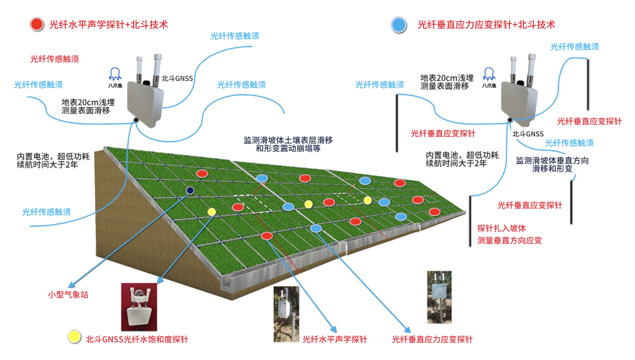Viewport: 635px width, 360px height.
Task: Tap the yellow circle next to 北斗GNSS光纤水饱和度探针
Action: tap(74, 336)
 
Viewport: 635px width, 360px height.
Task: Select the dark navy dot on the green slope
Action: tap(190, 190)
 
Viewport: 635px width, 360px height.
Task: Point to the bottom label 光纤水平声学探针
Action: tap(334, 340)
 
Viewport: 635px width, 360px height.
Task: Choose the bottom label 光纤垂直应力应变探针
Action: tap(432, 340)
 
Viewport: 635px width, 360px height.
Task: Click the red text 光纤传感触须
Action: tap(55, 59)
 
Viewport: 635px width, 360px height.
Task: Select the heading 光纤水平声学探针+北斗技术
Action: tap(109, 24)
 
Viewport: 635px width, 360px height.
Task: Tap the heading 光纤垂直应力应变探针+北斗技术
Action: tap(486, 24)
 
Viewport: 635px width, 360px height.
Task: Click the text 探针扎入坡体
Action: tap(501, 229)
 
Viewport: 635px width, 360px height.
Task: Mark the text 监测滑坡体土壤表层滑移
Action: tap(288, 140)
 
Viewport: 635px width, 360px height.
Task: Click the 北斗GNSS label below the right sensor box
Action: tap(528, 134)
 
